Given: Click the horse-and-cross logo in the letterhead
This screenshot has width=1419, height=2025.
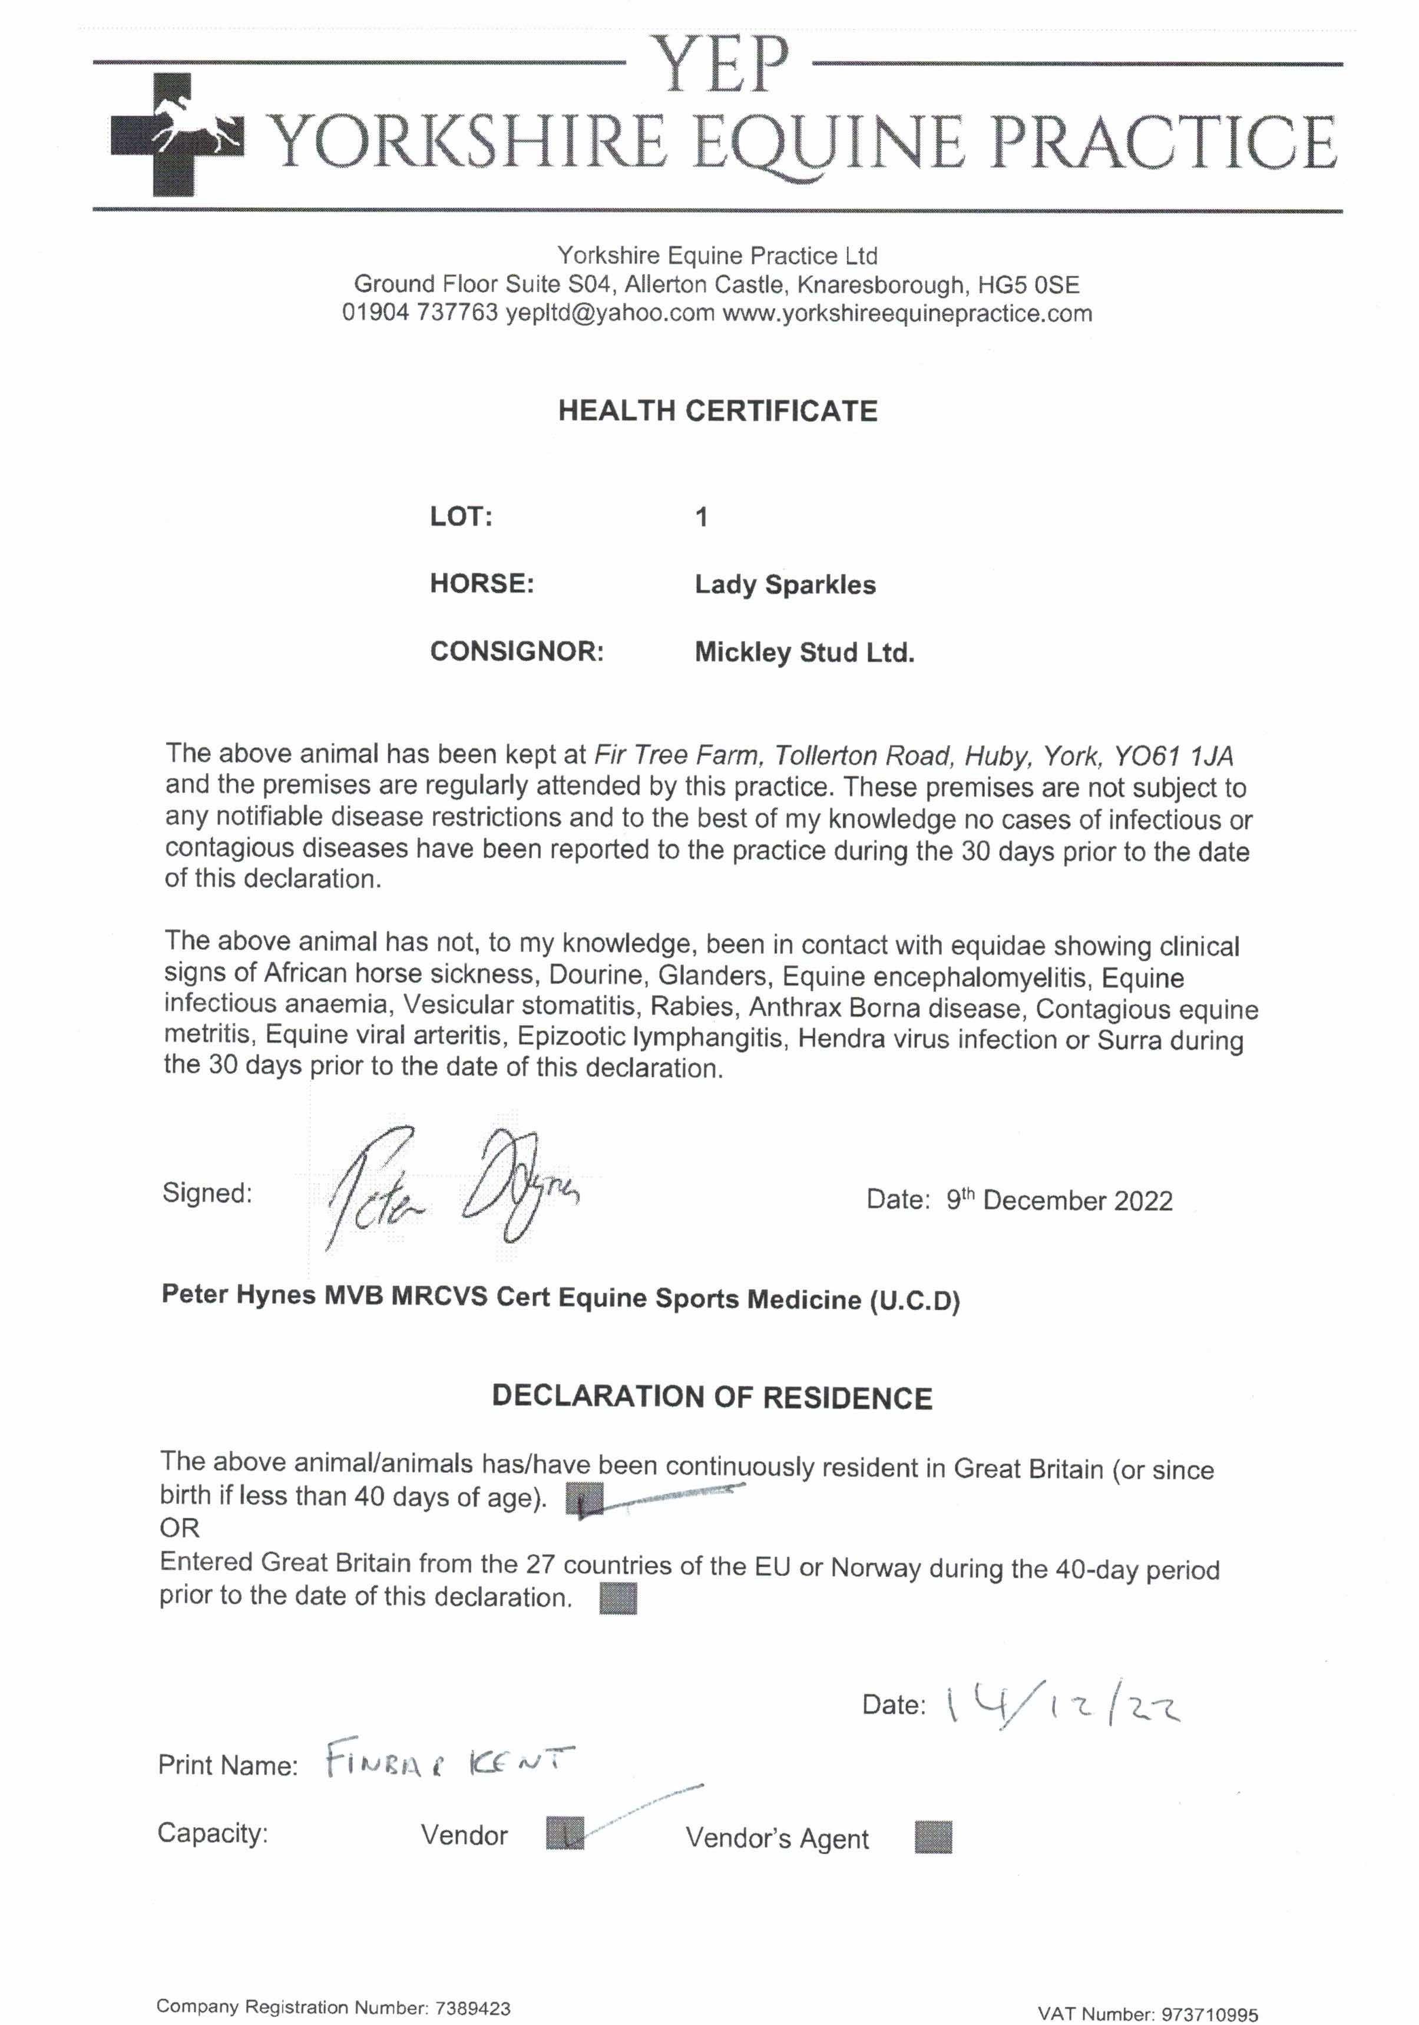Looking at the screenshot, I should (x=176, y=134).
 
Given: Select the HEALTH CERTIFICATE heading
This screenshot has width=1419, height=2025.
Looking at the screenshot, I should (x=717, y=411).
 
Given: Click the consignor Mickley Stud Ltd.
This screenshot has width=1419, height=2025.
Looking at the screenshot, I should (x=803, y=653).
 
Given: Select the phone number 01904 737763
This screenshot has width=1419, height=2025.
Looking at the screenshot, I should (x=420, y=313).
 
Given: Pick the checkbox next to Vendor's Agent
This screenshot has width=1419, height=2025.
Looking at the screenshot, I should (x=932, y=1837).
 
